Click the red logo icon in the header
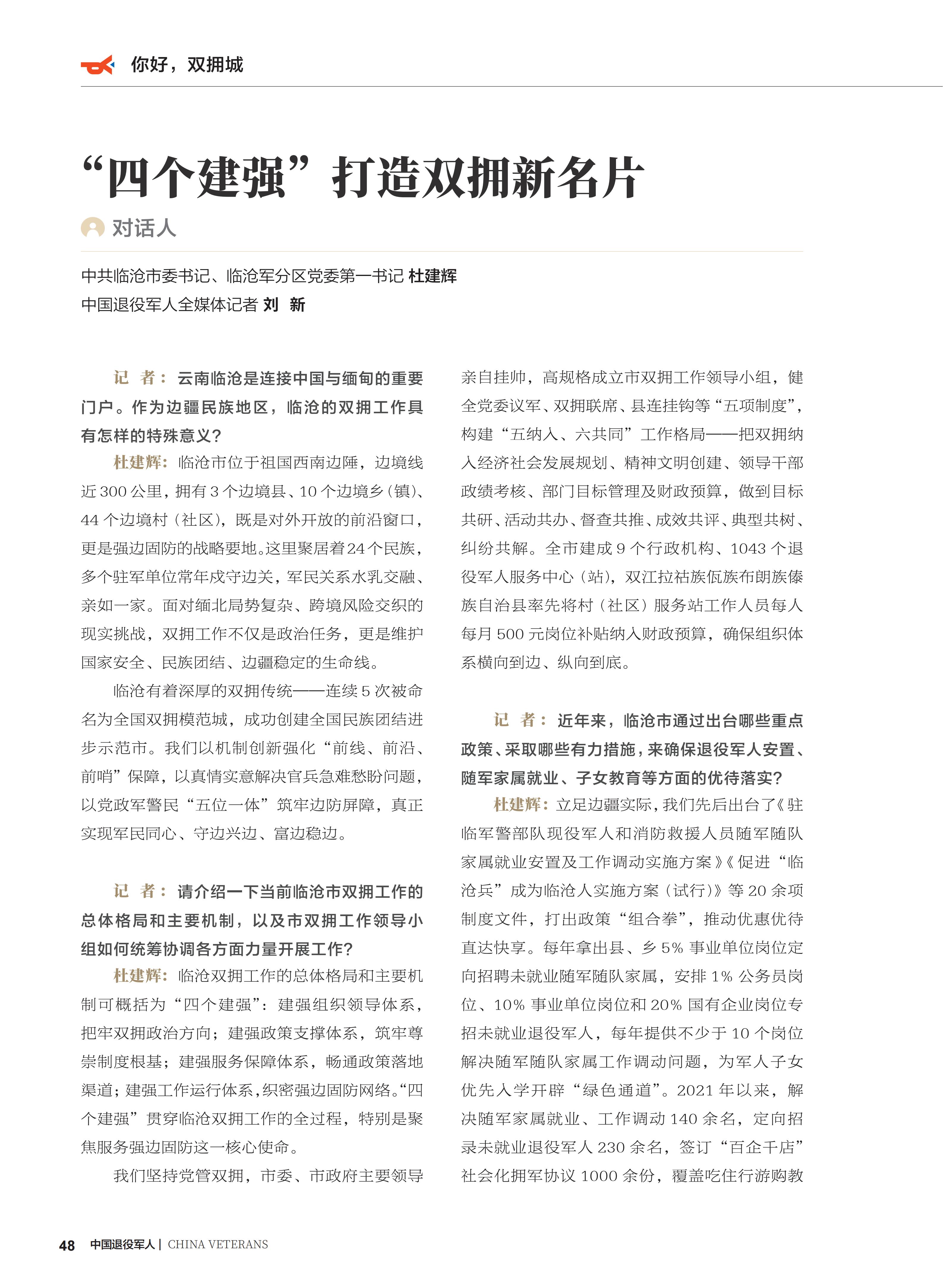pyautogui.click(x=97, y=65)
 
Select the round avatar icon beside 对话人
pyautogui.click(x=92, y=228)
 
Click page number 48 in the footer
pyautogui.click(x=67, y=1245)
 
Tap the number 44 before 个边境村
pyautogui.click(x=90, y=520)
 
